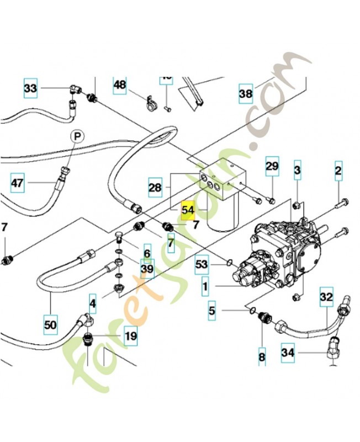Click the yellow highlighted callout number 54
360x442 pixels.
pyautogui.click(x=188, y=209)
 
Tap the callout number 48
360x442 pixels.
pyautogui.click(x=120, y=85)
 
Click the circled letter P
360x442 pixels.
pyautogui.click(x=77, y=136)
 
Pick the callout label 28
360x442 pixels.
pyautogui.click(x=155, y=187)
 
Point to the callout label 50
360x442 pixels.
pyautogui.click(x=50, y=325)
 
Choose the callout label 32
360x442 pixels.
pyautogui.click(x=326, y=297)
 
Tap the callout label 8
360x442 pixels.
pyautogui.click(x=262, y=357)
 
